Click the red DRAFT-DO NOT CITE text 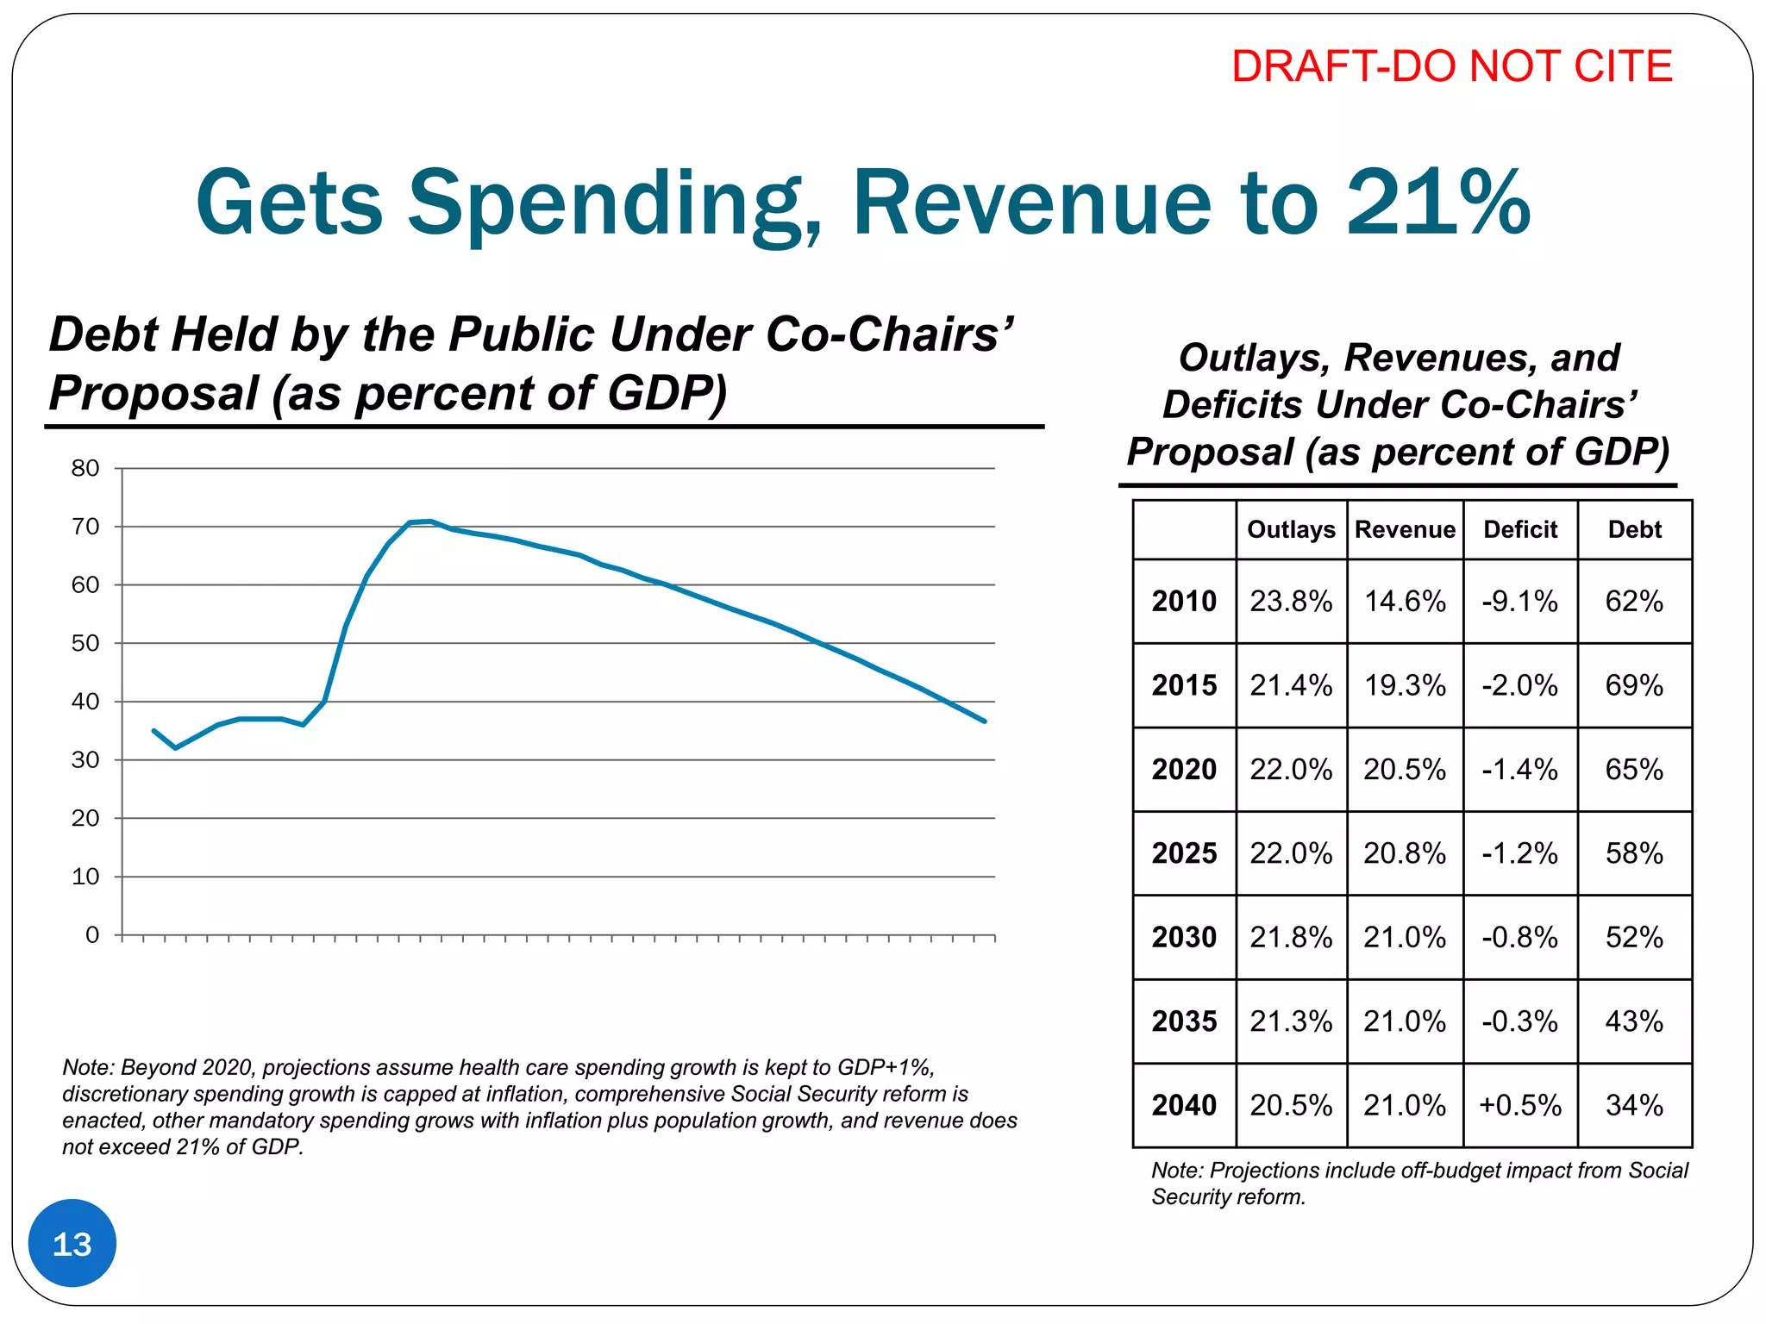1451,67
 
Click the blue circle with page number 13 72,1244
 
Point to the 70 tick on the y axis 85,527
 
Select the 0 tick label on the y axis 91,935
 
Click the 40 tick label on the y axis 85,702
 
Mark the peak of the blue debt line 430,521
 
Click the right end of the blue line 984,721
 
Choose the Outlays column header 1291,529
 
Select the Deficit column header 1520,529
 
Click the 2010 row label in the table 1184,601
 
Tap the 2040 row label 1184,1105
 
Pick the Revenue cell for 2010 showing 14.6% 1405,601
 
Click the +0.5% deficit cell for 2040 1520,1105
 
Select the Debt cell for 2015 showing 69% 1634,685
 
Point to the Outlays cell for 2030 1291,937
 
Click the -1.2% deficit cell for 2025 1520,853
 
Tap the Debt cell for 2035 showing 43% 1634,1021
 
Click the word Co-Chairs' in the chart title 888,334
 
